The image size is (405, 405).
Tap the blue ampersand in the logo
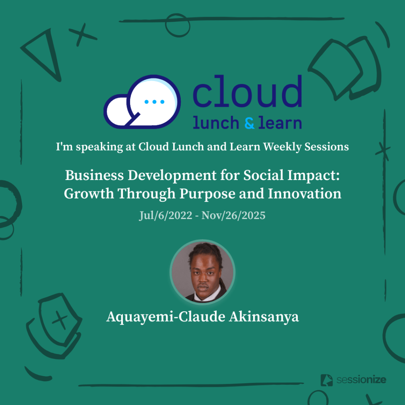click(250, 123)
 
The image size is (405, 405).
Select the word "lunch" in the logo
click(216, 123)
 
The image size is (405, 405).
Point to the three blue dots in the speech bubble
click(155, 102)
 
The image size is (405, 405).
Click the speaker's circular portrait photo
click(202, 272)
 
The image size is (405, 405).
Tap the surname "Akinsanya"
click(264, 317)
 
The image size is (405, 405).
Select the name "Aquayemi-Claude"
click(166, 317)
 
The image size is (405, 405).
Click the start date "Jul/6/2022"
click(166, 216)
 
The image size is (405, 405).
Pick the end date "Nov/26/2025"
click(233, 216)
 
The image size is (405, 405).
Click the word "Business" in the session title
click(95, 175)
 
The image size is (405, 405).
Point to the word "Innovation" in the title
click(305, 193)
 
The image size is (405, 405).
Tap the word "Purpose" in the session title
click(207, 194)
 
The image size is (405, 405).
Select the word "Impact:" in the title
click(314, 176)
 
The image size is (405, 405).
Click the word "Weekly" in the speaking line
click(282, 147)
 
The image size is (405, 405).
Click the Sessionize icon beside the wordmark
click(326, 380)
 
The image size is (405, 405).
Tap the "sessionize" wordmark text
click(361, 380)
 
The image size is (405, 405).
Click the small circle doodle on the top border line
click(178, 25)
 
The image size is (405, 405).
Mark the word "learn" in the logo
click(280, 123)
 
